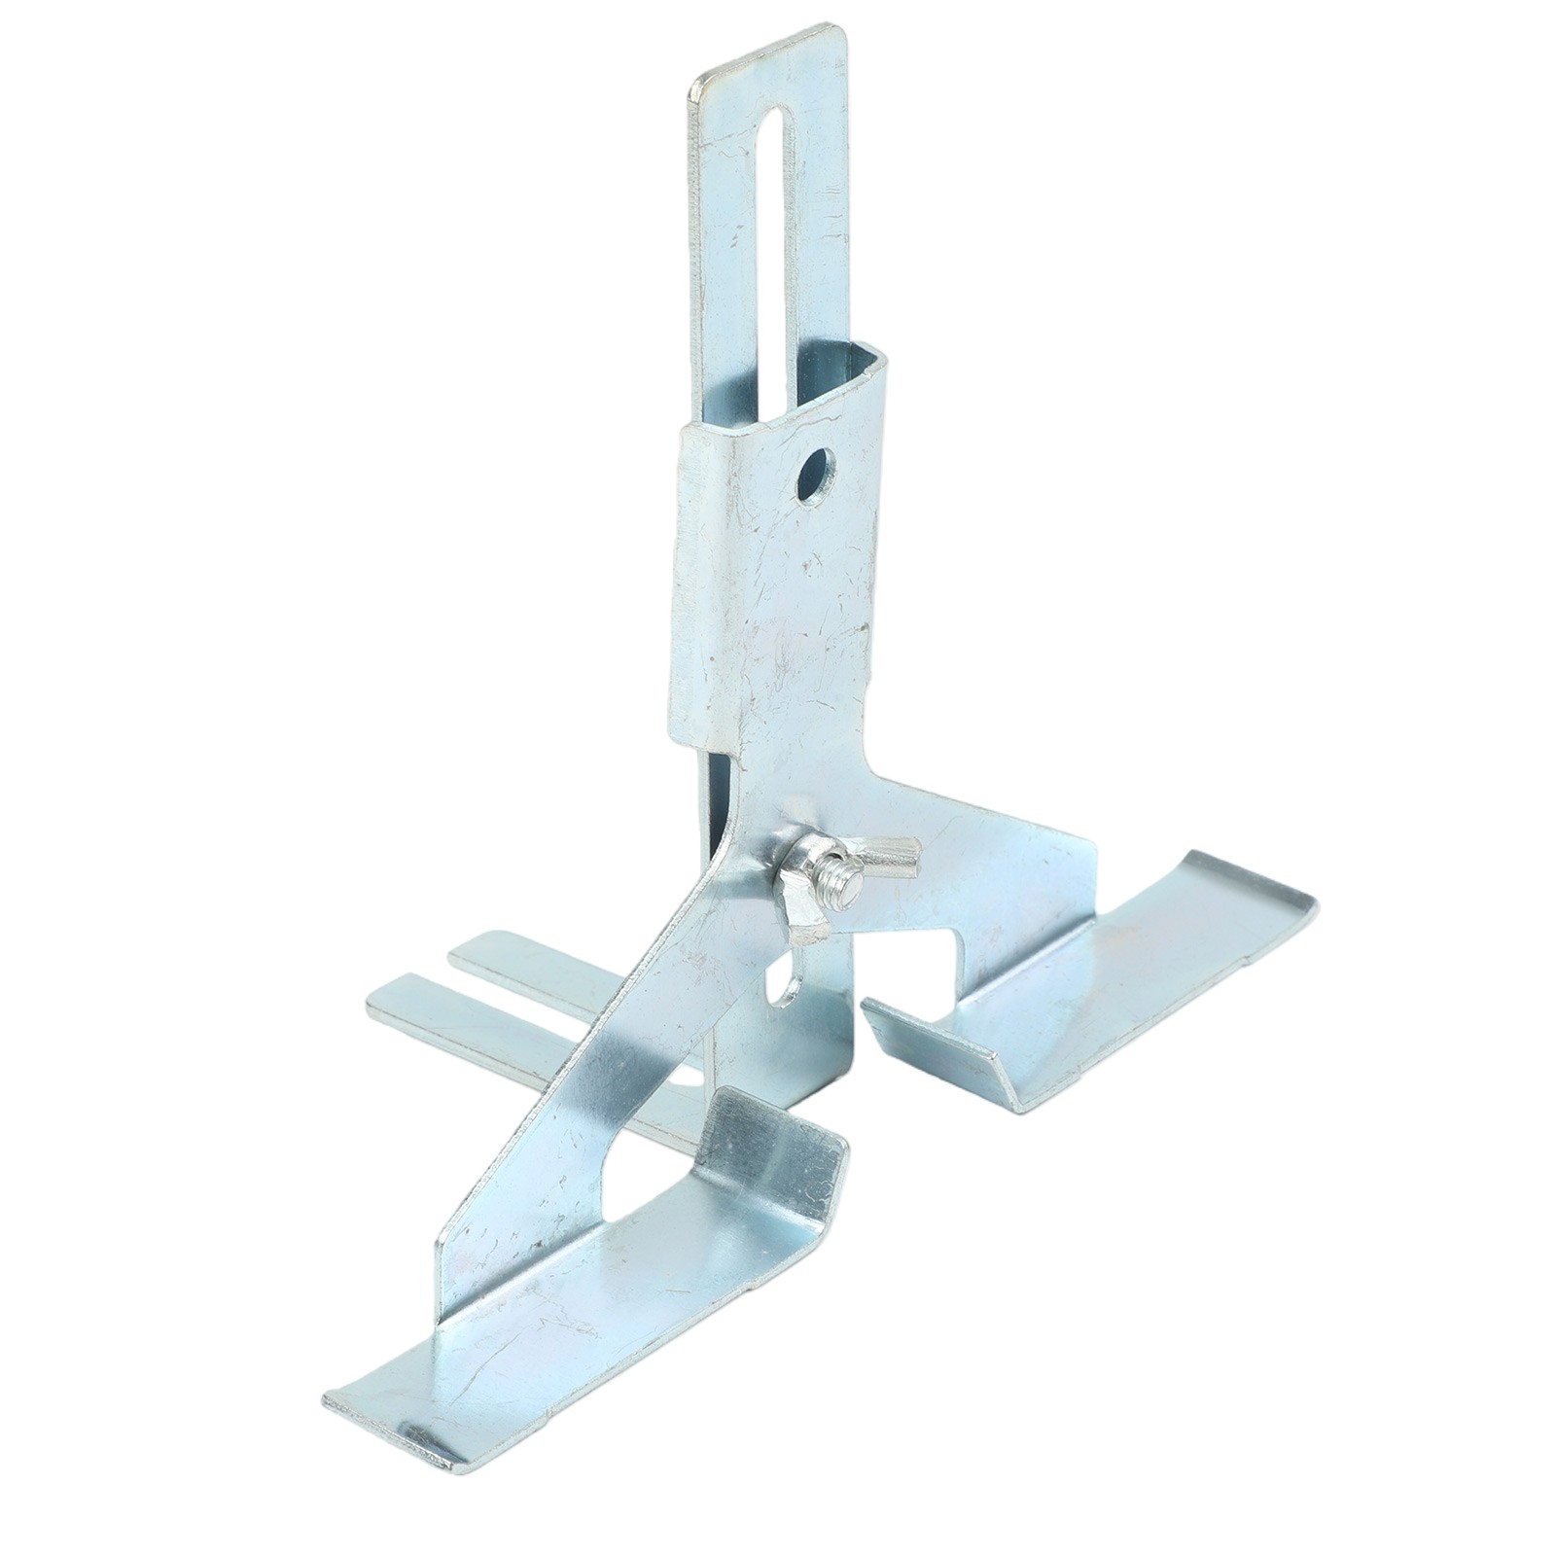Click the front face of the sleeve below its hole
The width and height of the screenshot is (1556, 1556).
pos(778,603)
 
